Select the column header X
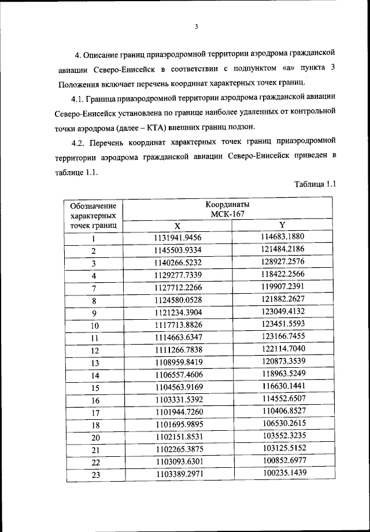pyautogui.click(x=177, y=226)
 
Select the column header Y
pyautogui.click(x=282, y=225)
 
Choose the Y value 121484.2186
pyautogui.click(x=282, y=249)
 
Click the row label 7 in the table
pyautogui.click(x=93, y=288)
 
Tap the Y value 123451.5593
pyautogui.click(x=282, y=324)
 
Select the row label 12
pyautogui.click(x=93, y=350)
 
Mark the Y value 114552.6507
pyautogui.click(x=282, y=399)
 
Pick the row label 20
pyautogui.click(x=93, y=438)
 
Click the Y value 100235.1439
pyautogui.click(x=282, y=474)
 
